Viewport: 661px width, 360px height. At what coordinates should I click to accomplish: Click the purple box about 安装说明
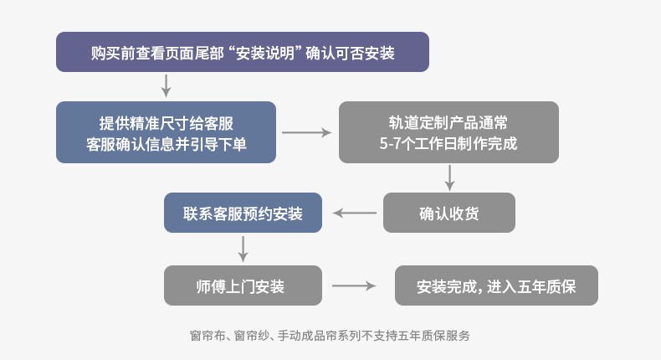click(x=243, y=52)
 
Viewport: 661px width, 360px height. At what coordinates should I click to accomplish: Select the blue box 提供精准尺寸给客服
click(x=167, y=132)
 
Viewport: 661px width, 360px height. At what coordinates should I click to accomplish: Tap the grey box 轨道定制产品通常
click(x=448, y=132)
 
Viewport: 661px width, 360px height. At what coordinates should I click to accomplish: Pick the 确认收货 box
click(x=449, y=213)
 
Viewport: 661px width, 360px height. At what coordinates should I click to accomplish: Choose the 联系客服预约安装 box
click(x=243, y=213)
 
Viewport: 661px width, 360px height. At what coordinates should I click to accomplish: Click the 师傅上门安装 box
click(x=243, y=285)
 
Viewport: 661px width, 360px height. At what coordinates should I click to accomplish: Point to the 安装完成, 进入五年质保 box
click(x=496, y=285)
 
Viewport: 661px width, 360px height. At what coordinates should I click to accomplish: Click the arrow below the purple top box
click(x=167, y=85)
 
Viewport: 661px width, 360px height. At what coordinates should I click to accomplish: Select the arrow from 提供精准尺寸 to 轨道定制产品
click(x=306, y=132)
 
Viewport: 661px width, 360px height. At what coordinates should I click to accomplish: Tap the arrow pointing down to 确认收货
click(x=450, y=177)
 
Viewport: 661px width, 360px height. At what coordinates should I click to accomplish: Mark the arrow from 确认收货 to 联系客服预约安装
click(x=355, y=213)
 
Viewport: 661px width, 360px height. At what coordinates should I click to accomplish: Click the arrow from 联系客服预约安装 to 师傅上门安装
click(x=243, y=249)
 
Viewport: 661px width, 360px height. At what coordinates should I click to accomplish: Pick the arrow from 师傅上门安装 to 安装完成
click(x=354, y=285)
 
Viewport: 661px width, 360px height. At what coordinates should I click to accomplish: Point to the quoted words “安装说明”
click(x=265, y=53)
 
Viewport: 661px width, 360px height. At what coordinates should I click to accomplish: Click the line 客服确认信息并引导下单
click(x=167, y=144)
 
